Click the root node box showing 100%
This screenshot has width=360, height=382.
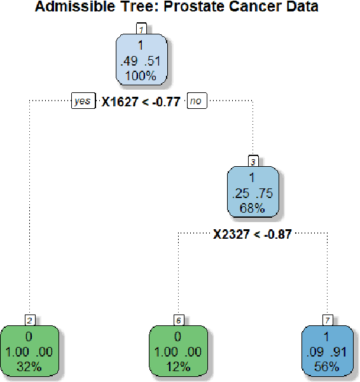click(141, 60)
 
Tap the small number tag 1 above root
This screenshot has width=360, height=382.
click(141, 28)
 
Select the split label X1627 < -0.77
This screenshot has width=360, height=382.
click(141, 101)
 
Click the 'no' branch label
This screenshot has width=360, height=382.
click(197, 101)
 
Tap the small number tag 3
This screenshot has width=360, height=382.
click(254, 160)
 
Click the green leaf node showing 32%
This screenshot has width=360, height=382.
click(29, 351)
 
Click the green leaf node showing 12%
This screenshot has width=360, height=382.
click(178, 351)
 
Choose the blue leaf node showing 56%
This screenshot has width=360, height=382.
click(328, 351)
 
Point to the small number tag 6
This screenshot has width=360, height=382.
click(178, 319)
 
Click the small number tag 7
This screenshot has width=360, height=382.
click(328, 319)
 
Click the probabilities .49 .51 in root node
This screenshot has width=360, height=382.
click(141, 61)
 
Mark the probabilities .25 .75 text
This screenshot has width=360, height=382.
click(254, 194)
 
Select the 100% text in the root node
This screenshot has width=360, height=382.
click(141, 75)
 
